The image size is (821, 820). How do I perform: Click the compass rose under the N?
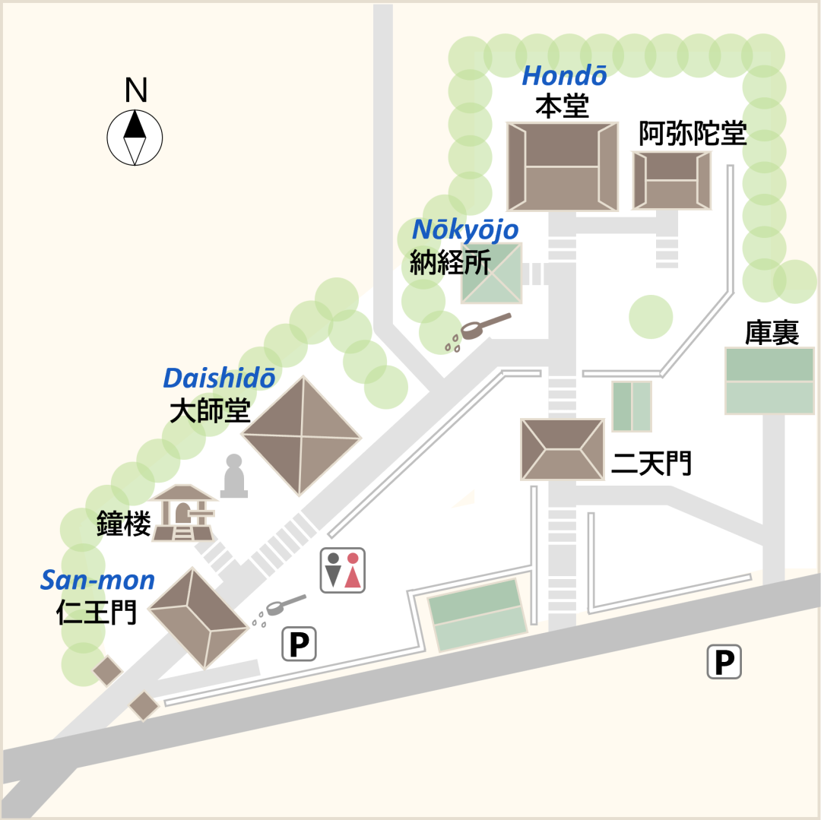135,137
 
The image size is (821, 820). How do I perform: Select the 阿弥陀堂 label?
692,134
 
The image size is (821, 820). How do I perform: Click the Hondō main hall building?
563,166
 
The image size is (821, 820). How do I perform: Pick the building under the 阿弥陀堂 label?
672,180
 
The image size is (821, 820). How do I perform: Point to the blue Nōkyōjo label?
465,230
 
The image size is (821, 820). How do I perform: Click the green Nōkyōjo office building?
492,273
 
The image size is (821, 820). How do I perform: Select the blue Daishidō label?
219,378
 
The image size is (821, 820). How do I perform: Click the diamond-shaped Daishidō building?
301,436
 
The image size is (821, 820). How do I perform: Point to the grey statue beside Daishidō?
234,476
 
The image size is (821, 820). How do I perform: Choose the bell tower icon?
182,513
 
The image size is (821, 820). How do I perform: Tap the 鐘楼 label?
123,524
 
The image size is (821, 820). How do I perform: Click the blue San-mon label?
97,581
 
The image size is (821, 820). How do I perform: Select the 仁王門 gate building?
198,617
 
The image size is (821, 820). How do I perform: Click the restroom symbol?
342,570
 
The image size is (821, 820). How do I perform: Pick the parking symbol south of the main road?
724,662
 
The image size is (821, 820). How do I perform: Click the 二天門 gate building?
562,449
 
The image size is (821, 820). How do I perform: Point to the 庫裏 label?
771,334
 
